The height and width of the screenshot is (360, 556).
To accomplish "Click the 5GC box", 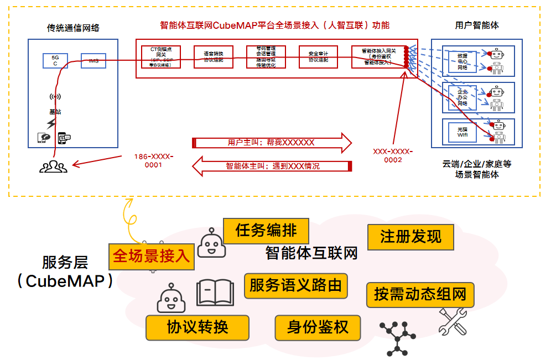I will pyautogui.click(x=55, y=60).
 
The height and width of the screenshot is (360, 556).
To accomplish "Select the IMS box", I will pyautogui.click(x=93, y=61).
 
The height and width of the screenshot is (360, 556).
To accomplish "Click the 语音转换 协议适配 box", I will pyautogui.click(x=214, y=57).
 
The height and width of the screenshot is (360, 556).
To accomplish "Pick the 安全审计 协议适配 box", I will pyautogui.click(x=319, y=57).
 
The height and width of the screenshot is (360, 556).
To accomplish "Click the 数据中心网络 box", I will pyautogui.click(x=463, y=61).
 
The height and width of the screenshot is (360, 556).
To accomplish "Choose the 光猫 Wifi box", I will pyautogui.click(x=463, y=132).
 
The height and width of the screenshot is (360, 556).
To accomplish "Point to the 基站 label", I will pyautogui.click(x=55, y=112).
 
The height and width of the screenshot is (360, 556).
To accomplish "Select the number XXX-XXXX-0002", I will pyautogui.click(x=393, y=155).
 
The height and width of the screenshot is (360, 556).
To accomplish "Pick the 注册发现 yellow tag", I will pyautogui.click(x=410, y=237).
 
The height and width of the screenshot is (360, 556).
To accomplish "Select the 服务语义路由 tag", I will pyautogui.click(x=295, y=286).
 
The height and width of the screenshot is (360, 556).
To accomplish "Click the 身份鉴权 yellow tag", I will pyautogui.click(x=318, y=327).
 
